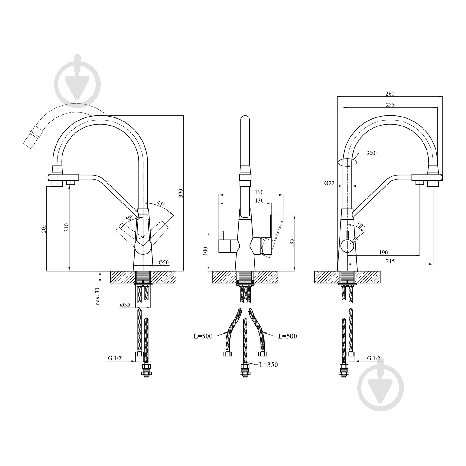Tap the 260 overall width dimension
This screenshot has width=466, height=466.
[x=390, y=94]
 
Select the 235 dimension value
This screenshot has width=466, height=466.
[x=390, y=105]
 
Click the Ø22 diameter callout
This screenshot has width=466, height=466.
[x=329, y=183]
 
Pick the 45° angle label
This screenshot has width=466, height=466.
[x=161, y=204]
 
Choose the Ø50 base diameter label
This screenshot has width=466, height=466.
[x=164, y=263]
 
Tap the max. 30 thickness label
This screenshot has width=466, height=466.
[x=98, y=297]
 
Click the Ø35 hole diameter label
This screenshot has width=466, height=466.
[x=125, y=305]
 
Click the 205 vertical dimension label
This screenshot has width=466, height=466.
[x=44, y=229]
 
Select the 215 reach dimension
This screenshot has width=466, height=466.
[x=390, y=261]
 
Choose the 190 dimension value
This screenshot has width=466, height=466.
[x=383, y=253]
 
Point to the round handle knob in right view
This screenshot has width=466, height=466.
[x=348, y=246]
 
